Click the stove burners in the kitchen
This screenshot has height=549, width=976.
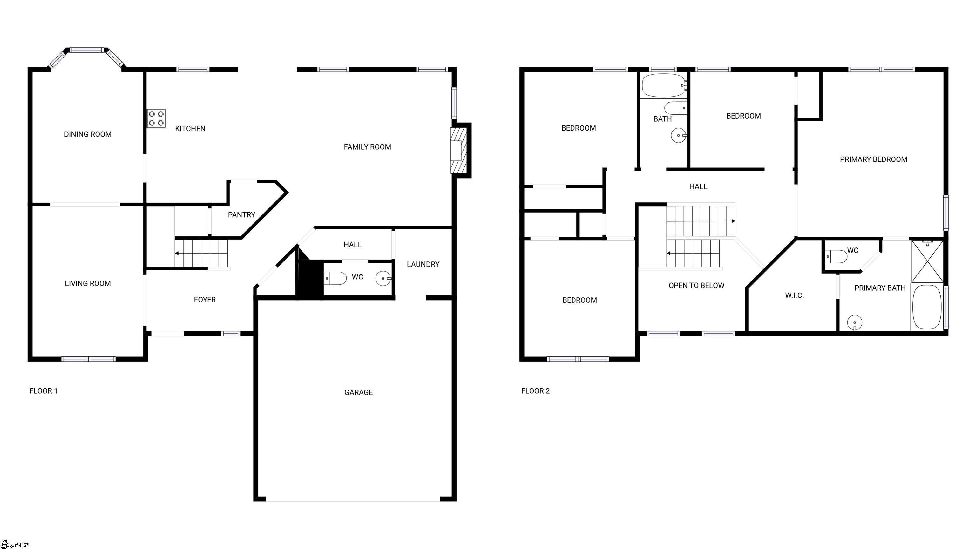157,119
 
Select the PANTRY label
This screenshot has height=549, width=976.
241,215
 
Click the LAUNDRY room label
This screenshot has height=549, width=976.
423,264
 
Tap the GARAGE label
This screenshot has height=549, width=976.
358,392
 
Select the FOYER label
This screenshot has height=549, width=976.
205,300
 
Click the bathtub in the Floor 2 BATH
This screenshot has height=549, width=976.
664,86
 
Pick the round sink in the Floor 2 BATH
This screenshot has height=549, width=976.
679,135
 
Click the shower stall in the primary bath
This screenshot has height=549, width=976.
927,261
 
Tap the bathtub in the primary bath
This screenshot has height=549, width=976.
927,307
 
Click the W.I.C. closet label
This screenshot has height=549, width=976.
794,295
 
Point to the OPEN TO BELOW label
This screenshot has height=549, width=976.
696,286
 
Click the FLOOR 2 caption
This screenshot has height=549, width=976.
535,391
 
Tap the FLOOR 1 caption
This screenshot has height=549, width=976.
44,391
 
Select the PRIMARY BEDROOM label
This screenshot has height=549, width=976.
873,159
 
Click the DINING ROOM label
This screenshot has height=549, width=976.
87,134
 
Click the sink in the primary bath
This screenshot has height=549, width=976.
854,323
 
